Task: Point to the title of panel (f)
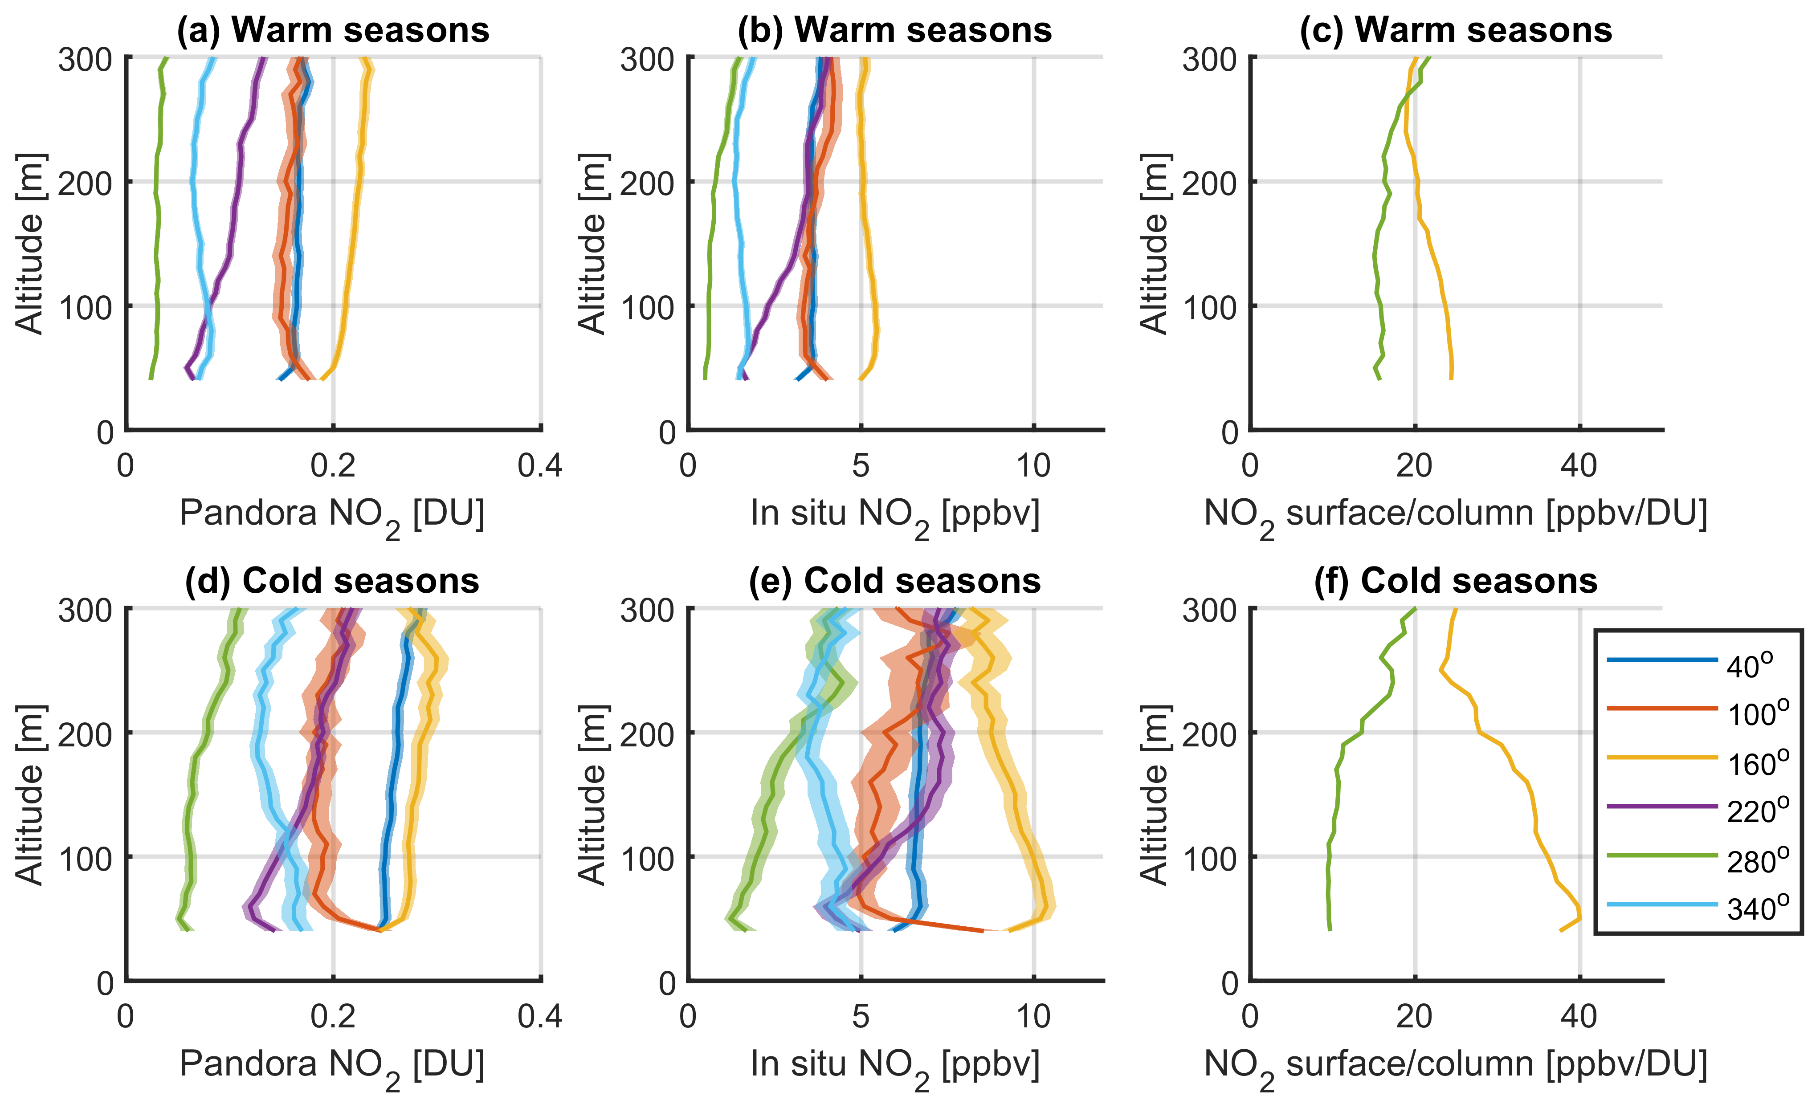1456,581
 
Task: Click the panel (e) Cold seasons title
894,581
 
